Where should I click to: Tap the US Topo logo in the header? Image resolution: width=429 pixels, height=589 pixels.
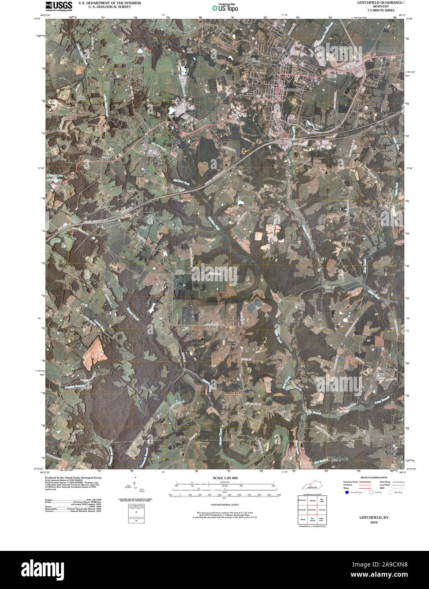[225, 7]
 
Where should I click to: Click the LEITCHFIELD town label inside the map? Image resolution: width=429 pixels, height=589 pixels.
[293, 90]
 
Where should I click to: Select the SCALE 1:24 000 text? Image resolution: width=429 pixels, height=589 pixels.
[225, 478]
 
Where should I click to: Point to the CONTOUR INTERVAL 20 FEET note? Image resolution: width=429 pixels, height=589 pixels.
[225, 505]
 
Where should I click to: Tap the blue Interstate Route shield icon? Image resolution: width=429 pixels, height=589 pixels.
[347, 492]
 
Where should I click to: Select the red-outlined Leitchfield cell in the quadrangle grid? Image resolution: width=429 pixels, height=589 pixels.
[312, 509]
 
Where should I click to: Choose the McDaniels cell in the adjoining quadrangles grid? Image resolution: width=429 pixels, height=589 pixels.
[302, 500]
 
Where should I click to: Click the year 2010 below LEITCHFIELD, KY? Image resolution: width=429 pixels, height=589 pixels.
[374, 522]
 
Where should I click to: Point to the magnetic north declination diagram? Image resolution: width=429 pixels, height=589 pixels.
[135, 487]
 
